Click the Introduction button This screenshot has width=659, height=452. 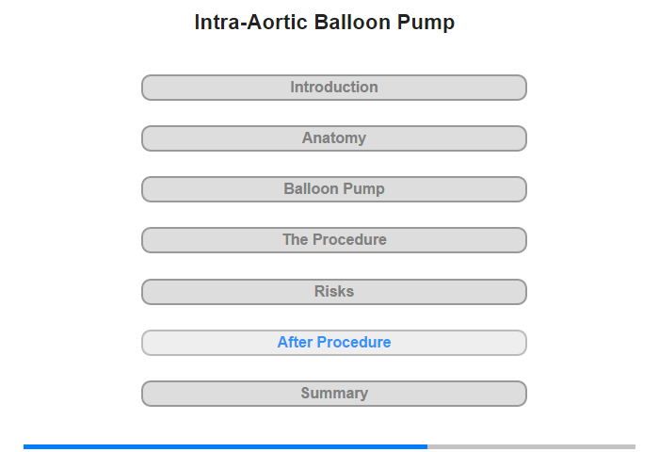click(334, 88)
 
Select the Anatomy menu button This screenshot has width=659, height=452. click(334, 138)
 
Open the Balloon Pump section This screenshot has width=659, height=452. click(334, 189)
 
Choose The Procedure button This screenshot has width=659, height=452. click(334, 240)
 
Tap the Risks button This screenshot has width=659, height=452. click(334, 292)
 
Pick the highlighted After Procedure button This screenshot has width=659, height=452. click(334, 343)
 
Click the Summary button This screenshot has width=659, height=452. click(334, 394)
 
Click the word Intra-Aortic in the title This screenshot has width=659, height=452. click(251, 23)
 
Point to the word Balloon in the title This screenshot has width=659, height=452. click(353, 23)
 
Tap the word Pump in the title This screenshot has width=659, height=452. click(426, 24)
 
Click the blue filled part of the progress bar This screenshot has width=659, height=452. click(225, 446)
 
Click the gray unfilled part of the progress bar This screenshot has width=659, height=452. click(531, 446)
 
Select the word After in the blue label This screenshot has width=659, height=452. click(295, 342)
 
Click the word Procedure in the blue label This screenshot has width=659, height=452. click(354, 342)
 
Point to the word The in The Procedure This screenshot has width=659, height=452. click(296, 240)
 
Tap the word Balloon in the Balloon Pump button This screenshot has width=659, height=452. click(310, 188)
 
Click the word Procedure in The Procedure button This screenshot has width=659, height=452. click(349, 240)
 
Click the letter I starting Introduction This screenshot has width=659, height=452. click(293, 87)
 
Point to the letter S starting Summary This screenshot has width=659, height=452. click(306, 393)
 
